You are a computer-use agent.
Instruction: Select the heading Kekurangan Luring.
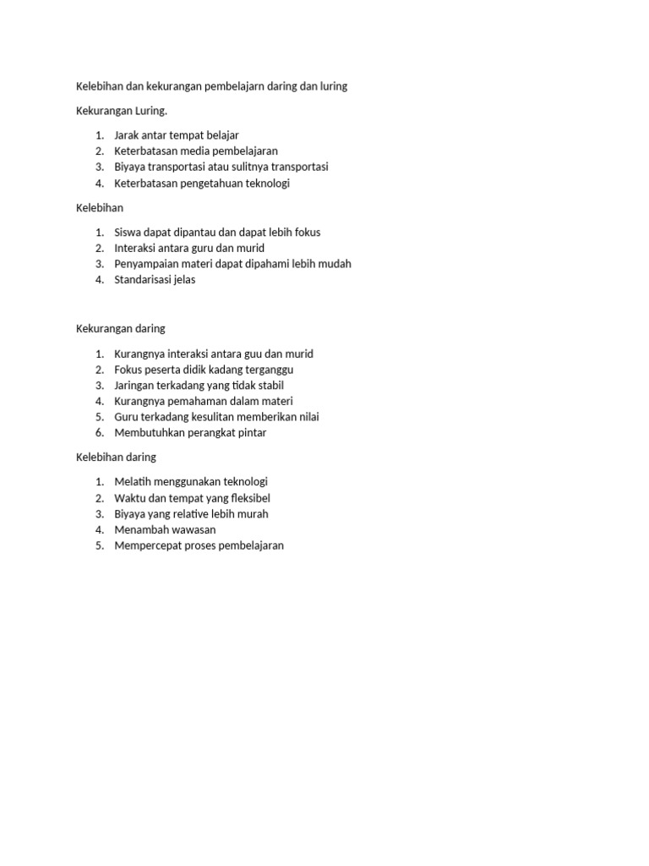[115, 111]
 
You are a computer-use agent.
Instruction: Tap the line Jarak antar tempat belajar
[177, 135]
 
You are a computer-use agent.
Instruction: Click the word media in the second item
[193, 151]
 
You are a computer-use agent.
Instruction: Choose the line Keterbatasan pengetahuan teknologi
[202, 184]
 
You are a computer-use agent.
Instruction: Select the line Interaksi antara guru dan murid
[189, 249]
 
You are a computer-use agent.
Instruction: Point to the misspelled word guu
[252, 354]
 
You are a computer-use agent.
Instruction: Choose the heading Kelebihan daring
[115, 458]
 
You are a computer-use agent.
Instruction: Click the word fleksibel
[248, 499]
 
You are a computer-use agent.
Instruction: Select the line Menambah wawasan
[165, 530]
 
